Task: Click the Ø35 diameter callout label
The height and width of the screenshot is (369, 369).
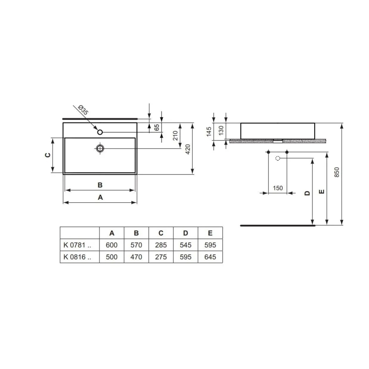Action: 83,111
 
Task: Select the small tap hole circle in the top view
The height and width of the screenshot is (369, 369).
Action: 100,132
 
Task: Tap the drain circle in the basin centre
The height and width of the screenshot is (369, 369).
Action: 100,148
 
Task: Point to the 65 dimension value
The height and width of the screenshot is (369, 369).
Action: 157,127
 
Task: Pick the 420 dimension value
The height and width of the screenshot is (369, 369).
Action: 187,149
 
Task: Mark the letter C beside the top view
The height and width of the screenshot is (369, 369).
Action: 48,155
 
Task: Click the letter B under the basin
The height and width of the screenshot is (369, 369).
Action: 100,185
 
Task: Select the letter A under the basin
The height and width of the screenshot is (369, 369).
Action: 100,197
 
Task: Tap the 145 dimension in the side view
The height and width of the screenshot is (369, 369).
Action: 209,132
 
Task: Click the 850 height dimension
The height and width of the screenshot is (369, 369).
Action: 337,172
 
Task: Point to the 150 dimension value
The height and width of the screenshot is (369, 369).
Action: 278,188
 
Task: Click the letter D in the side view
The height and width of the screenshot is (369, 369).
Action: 307,193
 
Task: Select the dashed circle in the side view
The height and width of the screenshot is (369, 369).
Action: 278,159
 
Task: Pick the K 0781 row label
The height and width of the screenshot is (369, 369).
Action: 77,245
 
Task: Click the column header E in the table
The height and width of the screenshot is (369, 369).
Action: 210,233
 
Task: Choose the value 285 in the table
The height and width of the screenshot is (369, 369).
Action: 161,245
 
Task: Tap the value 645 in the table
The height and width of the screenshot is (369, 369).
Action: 210,257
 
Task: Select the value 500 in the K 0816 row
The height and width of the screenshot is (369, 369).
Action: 111,257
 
